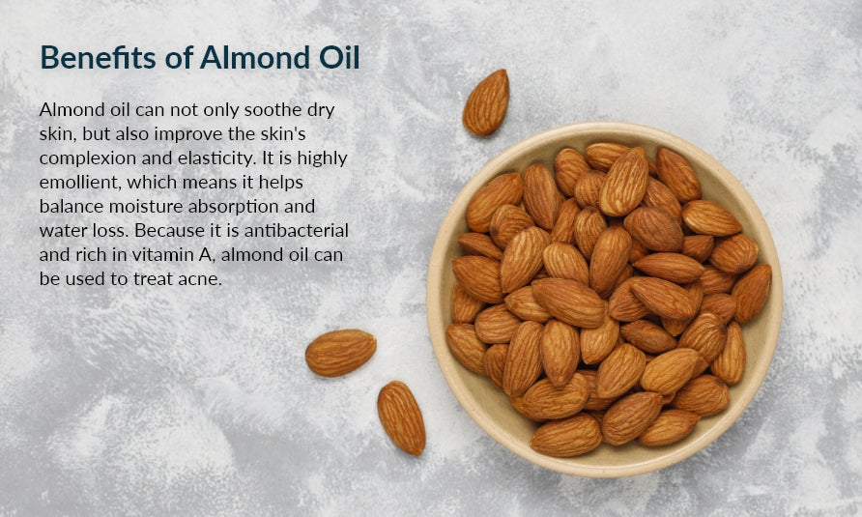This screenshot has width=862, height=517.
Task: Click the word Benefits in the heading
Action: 98,57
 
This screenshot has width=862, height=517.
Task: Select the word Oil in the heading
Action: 339,57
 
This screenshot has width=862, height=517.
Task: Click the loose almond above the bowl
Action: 485,102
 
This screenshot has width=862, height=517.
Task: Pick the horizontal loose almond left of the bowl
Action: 341,353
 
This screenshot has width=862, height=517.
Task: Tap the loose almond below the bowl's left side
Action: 401,418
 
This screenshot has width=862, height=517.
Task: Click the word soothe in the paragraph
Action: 273,110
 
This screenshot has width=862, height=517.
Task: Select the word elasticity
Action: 217,158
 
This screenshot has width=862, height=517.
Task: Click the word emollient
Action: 79,183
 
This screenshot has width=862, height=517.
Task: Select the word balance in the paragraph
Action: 72,206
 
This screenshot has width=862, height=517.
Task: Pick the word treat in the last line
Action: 153,279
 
